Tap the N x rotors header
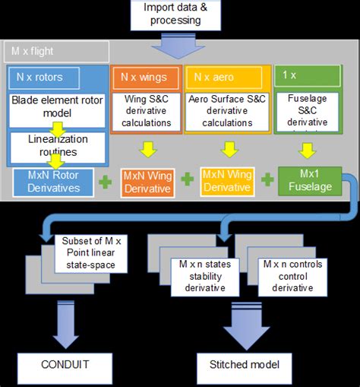40,76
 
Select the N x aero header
226,76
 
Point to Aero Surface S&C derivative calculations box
227,112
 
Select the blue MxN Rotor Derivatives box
49,182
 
